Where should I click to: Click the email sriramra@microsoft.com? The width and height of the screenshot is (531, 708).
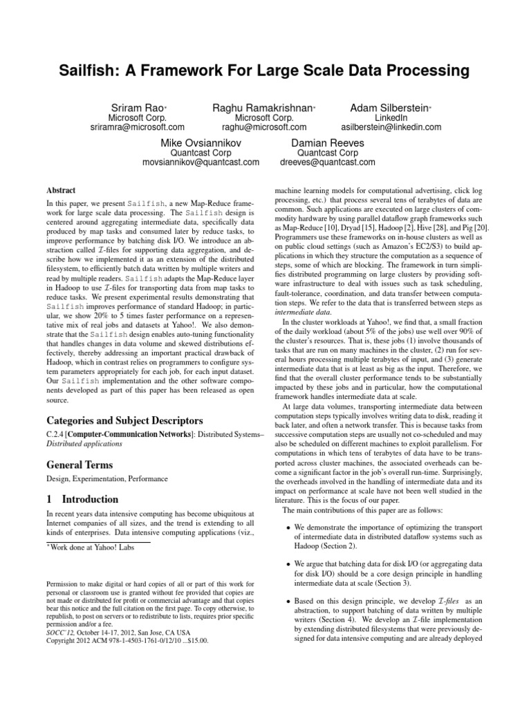click(138, 127)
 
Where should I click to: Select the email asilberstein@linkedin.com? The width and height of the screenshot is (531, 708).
click(391, 127)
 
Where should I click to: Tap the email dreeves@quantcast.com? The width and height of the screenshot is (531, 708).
click(327, 163)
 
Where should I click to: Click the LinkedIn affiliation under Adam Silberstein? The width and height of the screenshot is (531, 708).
click(391, 117)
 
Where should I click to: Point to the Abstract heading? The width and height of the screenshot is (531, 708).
click(61, 190)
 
